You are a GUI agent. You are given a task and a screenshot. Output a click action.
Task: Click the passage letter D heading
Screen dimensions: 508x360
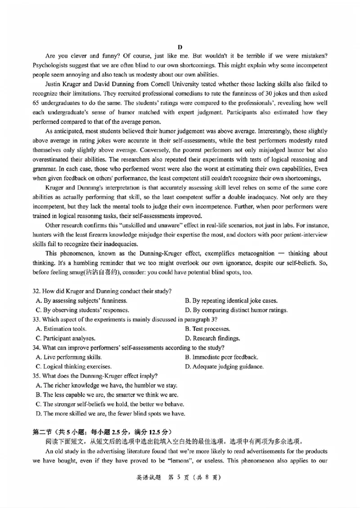180,47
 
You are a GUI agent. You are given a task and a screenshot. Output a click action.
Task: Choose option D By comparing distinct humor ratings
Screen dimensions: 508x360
236,310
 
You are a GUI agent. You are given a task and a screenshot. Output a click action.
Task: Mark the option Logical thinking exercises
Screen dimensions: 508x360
73,366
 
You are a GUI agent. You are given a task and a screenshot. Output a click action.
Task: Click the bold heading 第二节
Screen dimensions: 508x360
45,432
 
